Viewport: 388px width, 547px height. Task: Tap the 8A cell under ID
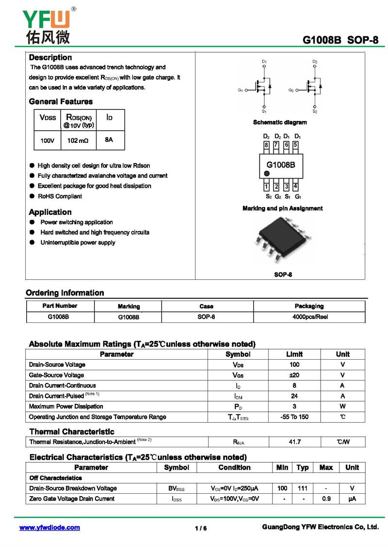pyautogui.click(x=109, y=140)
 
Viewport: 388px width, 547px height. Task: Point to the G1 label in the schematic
pyautogui.click(x=241, y=91)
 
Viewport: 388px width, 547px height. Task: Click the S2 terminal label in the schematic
pyautogui.click(x=315, y=111)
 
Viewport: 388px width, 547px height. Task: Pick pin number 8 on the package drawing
pyautogui.click(x=266, y=145)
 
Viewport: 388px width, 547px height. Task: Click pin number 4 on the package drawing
pyautogui.click(x=296, y=186)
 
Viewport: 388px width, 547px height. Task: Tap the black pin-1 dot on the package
pyautogui.click(x=266, y=173)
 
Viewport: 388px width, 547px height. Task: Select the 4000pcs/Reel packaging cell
pyautogui.click(x=309, y=317)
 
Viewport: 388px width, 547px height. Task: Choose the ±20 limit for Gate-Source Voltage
pyautogui.click(x=294, y=375)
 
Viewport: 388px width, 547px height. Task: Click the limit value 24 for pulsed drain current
pyautogui.click(x=294, y=396)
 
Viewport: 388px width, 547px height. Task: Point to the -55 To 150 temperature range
pyautogui.click(x=294, y=417)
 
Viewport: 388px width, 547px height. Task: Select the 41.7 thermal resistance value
pyautogui.click(x=294, y=442)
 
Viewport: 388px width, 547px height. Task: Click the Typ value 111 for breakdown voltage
pyautogui.click(x=303, y=488)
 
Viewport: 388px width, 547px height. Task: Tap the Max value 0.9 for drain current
pyautogui.click(x=326, y=499)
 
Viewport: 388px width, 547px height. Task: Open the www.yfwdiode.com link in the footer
pyautogui.click(x=49, y=528)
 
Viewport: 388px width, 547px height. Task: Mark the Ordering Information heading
pyautogui.click(x=65, y=293)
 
